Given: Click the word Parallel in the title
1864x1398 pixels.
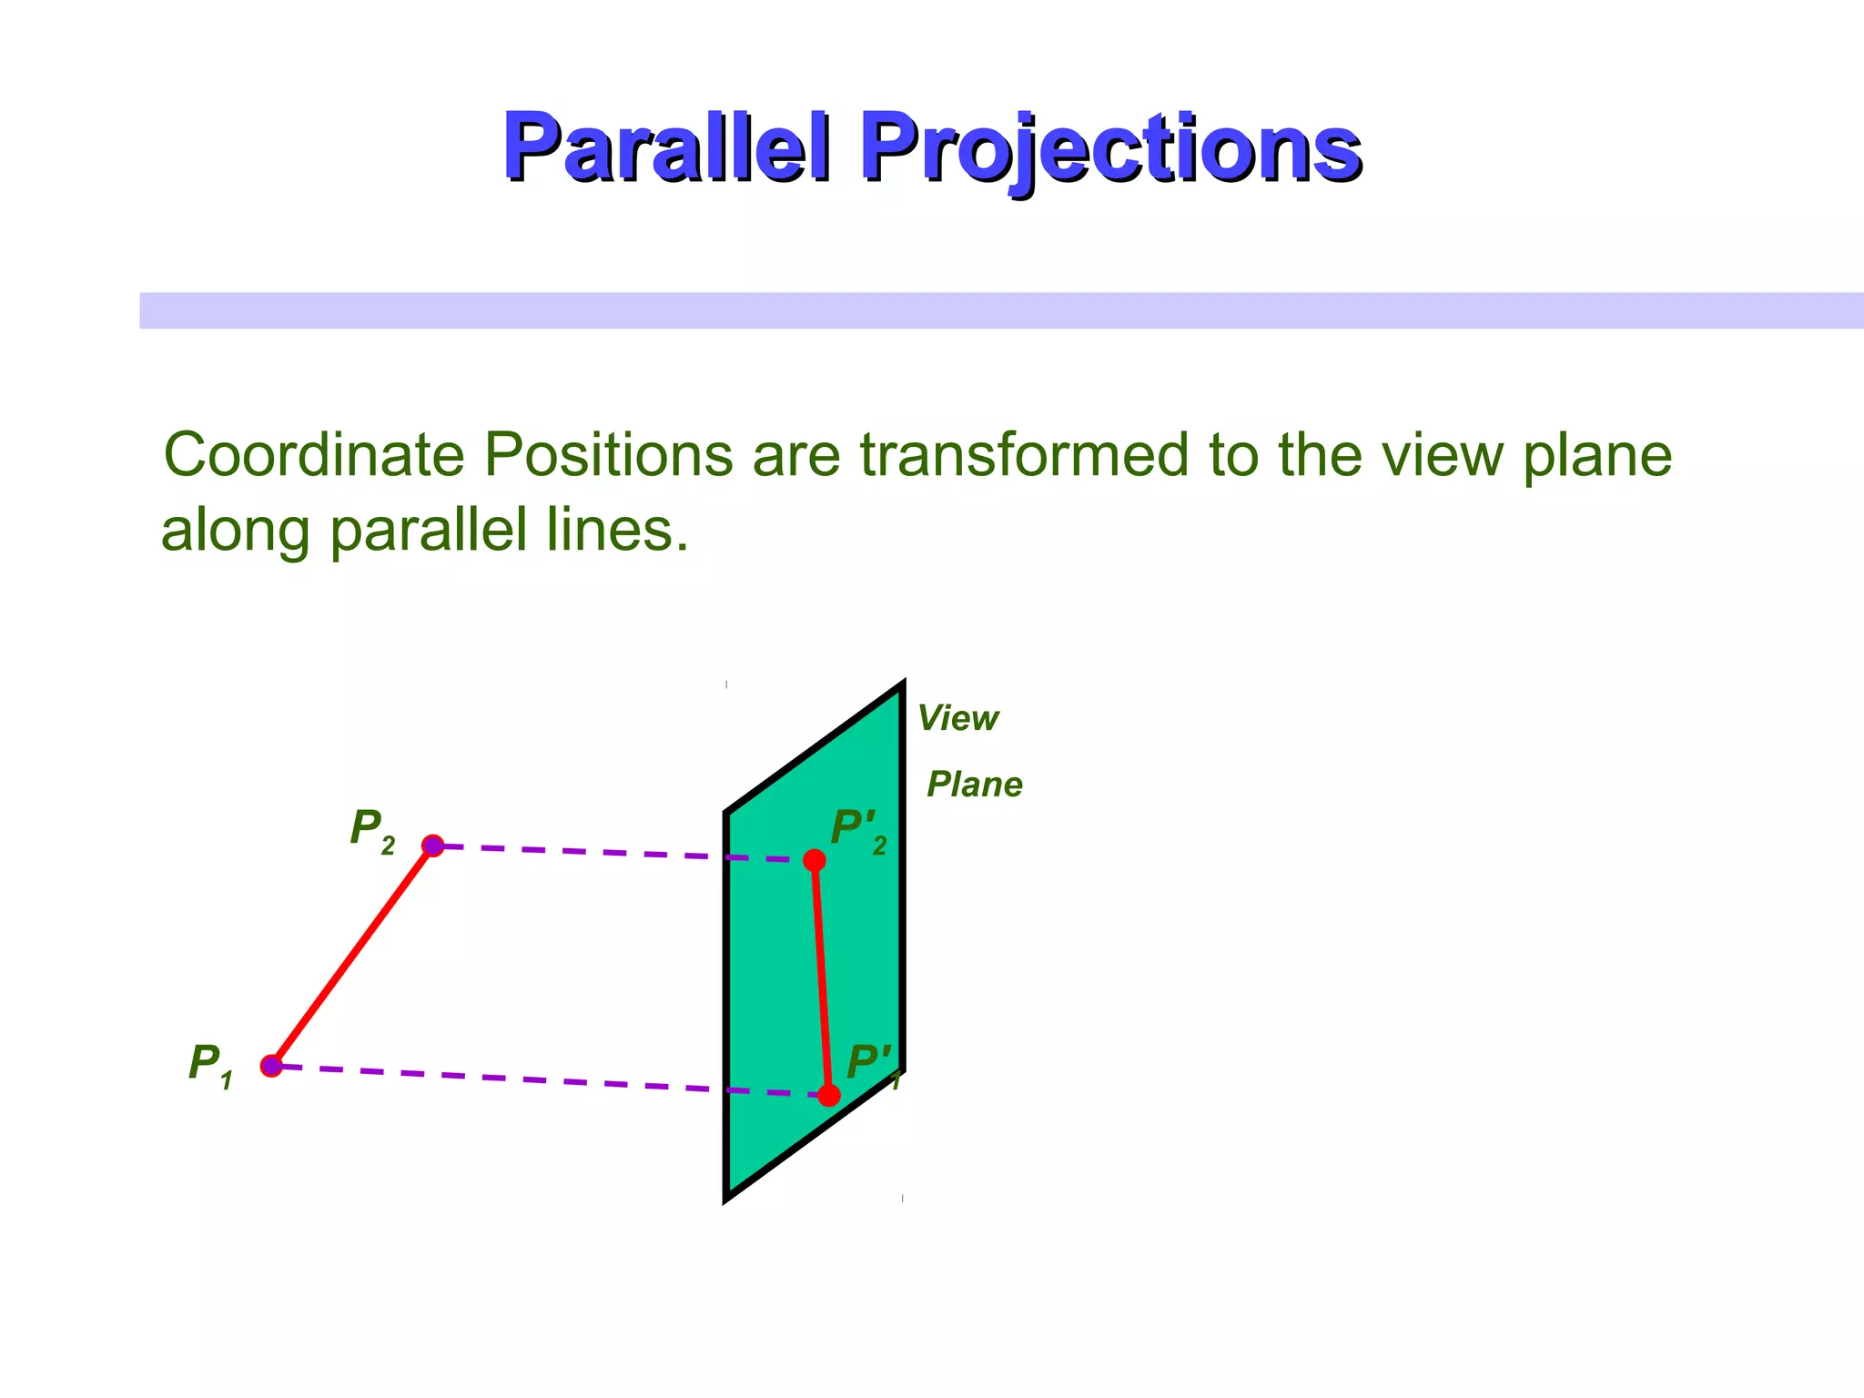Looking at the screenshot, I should click(667, 147).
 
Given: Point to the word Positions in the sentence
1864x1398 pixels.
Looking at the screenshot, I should click(607, 455).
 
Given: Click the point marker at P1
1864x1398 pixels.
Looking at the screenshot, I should click(271, 1066).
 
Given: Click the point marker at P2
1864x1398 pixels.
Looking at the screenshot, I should click(433, 846).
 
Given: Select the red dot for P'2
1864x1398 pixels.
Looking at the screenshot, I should click(815, 860).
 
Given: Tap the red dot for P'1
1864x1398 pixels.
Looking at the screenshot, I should click(828, 1095).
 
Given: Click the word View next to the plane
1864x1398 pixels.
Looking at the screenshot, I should click(957, 719).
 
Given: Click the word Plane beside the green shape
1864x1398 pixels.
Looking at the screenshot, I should click(974, 785).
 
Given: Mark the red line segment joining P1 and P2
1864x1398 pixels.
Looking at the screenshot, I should click(352, 956).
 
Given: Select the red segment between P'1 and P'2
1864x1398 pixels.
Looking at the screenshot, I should click(821, 978).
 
